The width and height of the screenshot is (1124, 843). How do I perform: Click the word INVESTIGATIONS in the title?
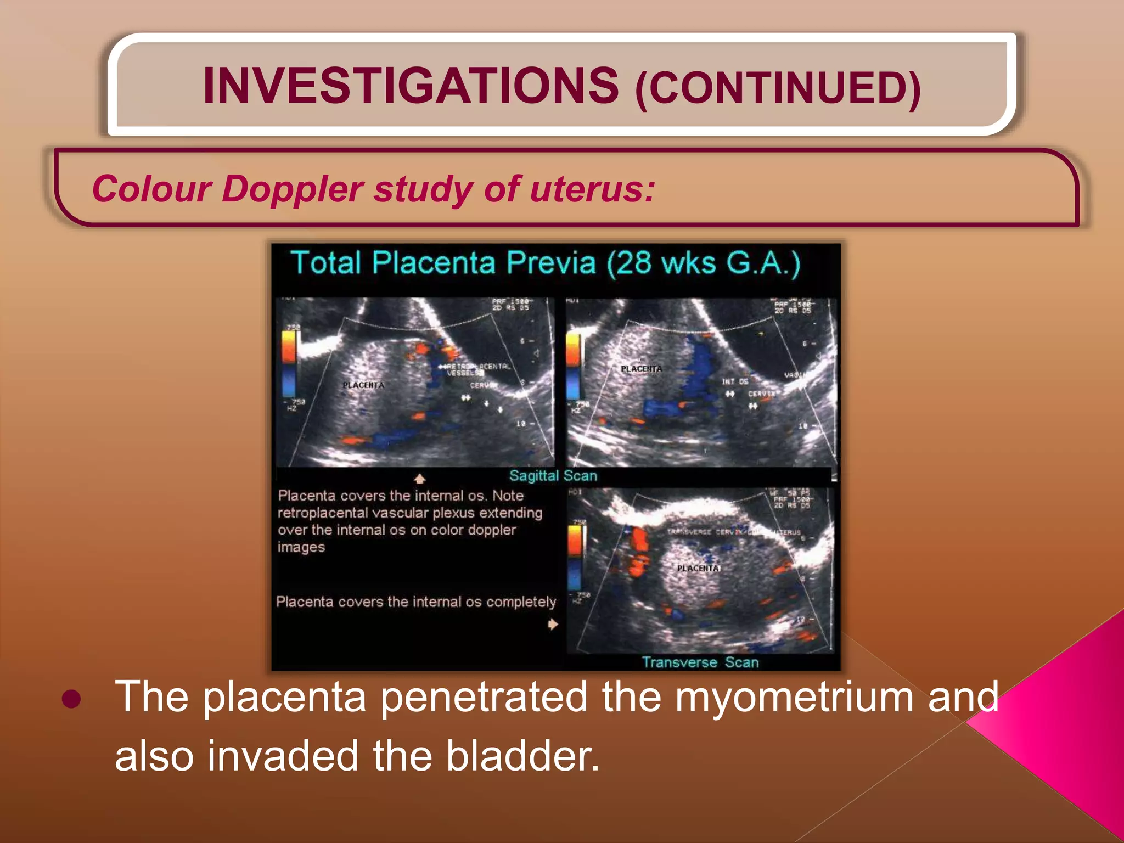tap(411, 86)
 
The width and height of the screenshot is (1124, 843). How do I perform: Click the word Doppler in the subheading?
tap(292, 189)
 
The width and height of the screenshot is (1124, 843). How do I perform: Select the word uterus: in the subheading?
tap(593, 189)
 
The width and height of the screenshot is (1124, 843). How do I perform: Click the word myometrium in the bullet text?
tap(794, 697)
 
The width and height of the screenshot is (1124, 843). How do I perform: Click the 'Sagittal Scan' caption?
tap(553, 476)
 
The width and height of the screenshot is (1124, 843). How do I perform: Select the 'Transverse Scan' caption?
tap(700, 662)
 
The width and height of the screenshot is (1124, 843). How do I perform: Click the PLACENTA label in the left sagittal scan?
tap(363, 385)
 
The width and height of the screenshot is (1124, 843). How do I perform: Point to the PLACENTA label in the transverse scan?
tap(698, 568)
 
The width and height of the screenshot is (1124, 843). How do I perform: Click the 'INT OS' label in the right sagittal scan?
tap(734, 381)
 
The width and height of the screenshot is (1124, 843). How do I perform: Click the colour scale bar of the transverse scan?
tap(575, 557)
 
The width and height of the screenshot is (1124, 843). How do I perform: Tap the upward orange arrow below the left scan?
tap(420, 479)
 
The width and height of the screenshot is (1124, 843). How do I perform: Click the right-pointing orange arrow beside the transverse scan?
tap(553, 624)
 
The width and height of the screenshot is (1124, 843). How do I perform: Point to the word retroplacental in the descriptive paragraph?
tap(323, 513)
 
